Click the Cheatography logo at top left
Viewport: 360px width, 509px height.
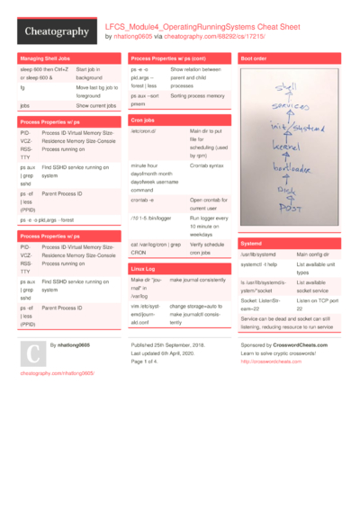(57, 31)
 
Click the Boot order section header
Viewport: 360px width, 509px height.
(255, 58)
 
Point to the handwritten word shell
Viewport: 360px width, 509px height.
(287, 87)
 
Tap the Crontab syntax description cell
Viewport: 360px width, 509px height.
(207, 165)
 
